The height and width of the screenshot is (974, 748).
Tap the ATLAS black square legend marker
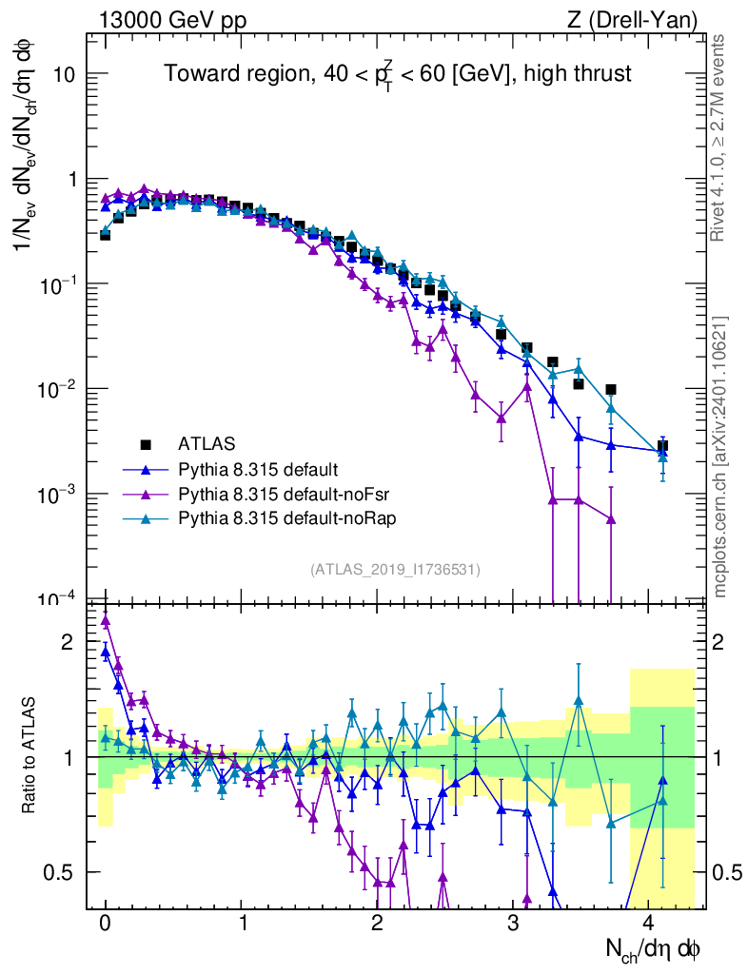click(x=146, y=443)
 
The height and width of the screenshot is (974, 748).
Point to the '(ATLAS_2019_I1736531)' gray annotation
click(x=395, y=570)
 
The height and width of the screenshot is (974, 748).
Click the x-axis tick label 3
click(x=513, y=924)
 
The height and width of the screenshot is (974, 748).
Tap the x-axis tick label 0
click(x=105, y=924)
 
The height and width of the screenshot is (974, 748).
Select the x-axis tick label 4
click(x=649, y=924)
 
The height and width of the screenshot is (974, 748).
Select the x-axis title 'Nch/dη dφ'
click(x=654, y=949)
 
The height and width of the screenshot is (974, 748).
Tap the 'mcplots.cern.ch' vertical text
click(x=719, y=457)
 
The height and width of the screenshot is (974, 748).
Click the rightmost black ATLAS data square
click(x=662, y=445)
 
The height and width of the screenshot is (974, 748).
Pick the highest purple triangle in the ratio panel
click(x=106, y=620)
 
